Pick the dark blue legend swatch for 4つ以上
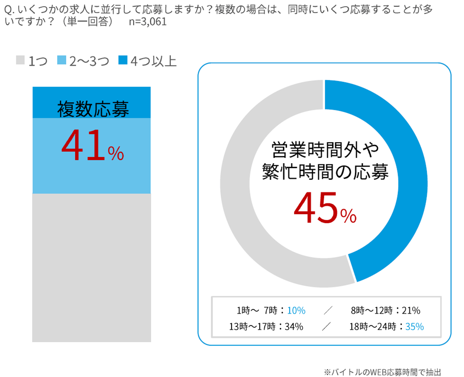pos(123,61)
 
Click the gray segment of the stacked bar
pos(91,267)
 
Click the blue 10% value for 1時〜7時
pos(296,310)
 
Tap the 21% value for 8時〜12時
pos(411,310)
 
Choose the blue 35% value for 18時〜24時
pos(414,327)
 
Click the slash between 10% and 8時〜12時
pos(328,310)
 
